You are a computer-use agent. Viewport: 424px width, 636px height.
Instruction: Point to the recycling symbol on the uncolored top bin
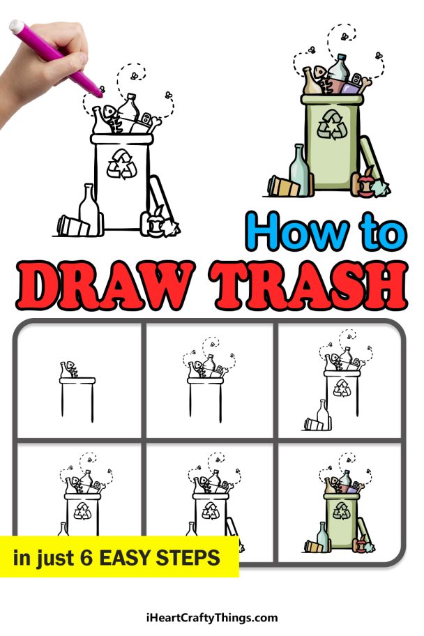[x=121, y=164]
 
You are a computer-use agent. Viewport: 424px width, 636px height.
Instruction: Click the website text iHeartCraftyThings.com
[x=212, y=617]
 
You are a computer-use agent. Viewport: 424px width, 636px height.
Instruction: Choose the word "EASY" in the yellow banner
[x=126, y=558]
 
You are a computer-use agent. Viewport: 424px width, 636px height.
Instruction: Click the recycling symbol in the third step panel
[x=342, y=388]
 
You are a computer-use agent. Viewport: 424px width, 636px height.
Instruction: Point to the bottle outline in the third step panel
[x=322, y=415]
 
